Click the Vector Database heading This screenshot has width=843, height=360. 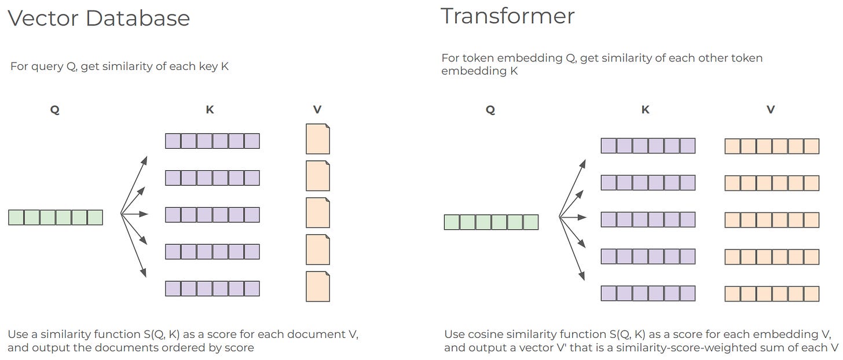coord(98,19)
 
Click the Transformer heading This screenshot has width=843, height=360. coord(508,16)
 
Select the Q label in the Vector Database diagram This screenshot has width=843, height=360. coord(55,110)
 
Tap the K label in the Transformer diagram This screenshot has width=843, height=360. coord(646,110)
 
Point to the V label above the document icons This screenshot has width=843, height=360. coord(317,110)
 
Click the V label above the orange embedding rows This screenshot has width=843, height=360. coord(771,110)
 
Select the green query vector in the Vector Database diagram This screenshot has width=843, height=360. coord(56,218)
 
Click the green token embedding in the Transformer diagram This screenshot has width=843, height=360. coord(491,222)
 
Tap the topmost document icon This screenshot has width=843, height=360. coord(317,139)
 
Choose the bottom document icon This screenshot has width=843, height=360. coord(317,286)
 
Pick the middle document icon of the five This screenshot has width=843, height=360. coord(317,213)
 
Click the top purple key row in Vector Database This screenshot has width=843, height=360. coord(212,141)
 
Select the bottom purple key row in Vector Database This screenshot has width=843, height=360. coord(212,288)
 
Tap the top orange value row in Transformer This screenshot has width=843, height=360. coord(772,146)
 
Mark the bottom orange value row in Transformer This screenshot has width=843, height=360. coord(772,293)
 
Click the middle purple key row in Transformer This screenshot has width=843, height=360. coord(648,220)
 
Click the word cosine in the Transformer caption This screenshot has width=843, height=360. coord(483,335)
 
